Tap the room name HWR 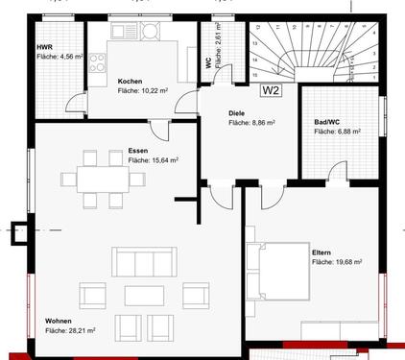click(x=44, y=46)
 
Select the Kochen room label click(x=131, y=81)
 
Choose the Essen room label click(x=137, y=151)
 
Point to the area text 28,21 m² click(x=69, y=330)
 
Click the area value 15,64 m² click(x=153, y=160)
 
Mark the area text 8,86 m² click(x=252, y=122)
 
